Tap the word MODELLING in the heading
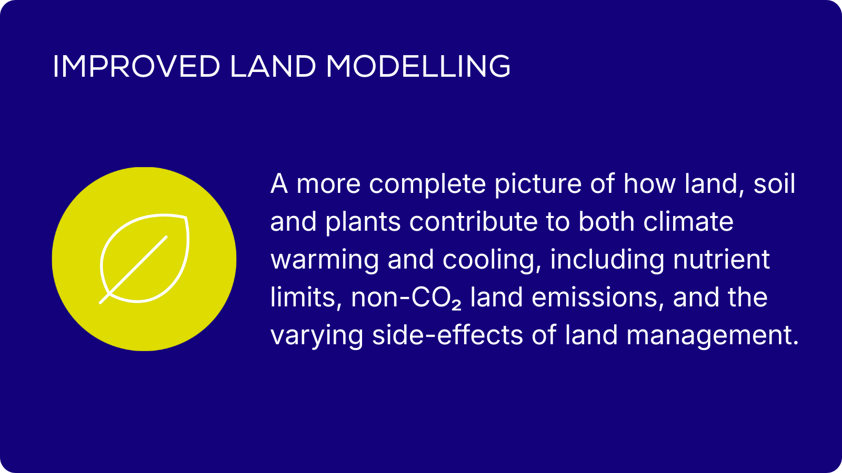coord(418,66)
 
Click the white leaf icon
coord(144,259)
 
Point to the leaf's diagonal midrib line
coord(133,270)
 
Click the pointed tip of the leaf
coord(186,217)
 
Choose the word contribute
coord(473,221)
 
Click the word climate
coord(688,221)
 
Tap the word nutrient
coord(721,260)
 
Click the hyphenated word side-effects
coord(447,335)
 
